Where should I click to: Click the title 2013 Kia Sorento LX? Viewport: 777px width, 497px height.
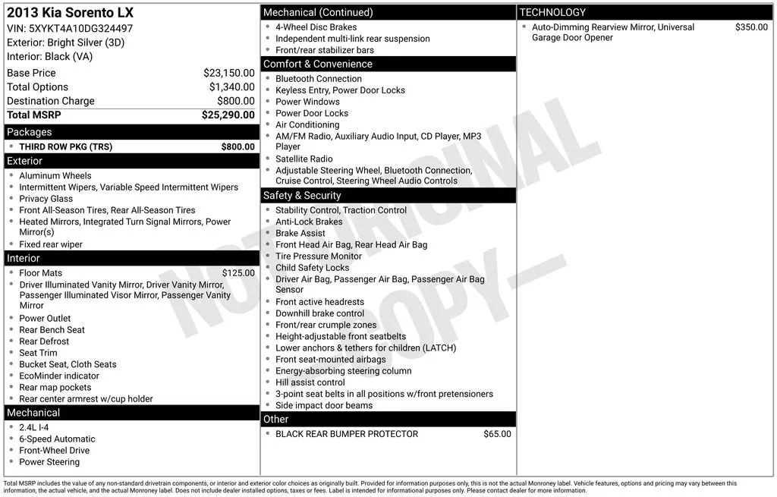(70, 13)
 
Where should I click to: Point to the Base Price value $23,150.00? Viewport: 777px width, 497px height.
(228, 73)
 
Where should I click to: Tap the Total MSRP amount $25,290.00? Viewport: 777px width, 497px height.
(228, 115)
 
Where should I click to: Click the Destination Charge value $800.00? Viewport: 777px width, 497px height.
(235, 101)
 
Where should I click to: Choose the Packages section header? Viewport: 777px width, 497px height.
(29, 132)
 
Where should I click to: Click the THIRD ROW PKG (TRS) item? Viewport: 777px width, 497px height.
(65, 146)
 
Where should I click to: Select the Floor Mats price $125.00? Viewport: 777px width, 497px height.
(238, 273)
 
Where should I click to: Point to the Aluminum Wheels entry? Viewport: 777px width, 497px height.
(55, 175)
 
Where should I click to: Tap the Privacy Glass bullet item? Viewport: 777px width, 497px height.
(46, 199)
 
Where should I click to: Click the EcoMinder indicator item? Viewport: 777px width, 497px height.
(59, 376)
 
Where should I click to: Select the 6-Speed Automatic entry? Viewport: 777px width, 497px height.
(57, 439)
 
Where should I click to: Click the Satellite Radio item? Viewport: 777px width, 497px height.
(304, 159)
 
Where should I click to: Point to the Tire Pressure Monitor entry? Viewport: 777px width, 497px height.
(319, 256)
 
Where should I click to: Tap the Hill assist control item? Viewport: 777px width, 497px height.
(310, 382)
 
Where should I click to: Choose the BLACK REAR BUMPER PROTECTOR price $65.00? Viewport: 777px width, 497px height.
(497, 434)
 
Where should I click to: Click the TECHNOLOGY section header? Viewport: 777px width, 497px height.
(552, 12)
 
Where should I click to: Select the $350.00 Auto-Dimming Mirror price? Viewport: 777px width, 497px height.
(751, 27)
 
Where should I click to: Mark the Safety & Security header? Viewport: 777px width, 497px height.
(302, 195)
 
